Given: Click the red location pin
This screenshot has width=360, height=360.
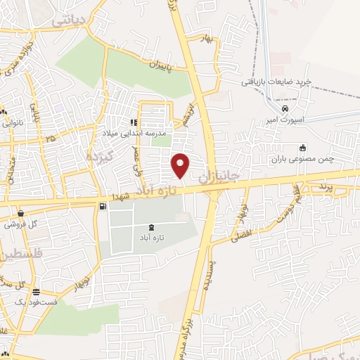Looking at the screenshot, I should coord(181,165).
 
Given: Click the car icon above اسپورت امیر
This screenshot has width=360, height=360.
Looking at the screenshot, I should coord(284,109).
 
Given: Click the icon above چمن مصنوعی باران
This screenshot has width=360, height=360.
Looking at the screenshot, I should coord(303,148).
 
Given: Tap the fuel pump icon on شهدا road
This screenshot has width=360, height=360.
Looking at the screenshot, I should coord(104,207).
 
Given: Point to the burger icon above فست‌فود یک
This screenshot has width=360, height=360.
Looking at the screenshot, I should coord(36,292).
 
